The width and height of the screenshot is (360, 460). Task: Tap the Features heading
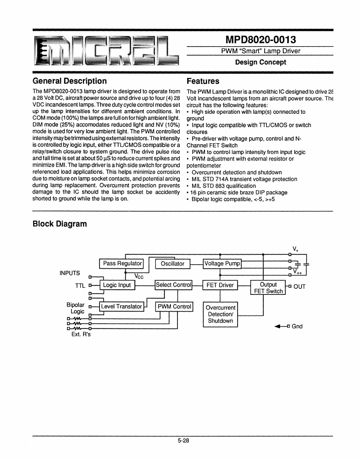click(x=203, y=81)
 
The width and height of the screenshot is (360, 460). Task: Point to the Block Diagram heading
click(x=60, y=223)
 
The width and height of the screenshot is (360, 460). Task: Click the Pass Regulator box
click(x=122, y=264)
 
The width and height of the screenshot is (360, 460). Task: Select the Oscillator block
click(x=172, y=264)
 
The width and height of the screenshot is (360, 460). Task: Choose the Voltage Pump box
click(x=222, y=264)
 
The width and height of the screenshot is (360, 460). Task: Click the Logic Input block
click(x=117, y=285)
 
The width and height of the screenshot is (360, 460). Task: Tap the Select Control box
click(x=173, y=285)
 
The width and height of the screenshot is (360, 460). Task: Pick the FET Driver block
click(x=220, y=285)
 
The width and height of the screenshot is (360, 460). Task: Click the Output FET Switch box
click(x=268, y=288)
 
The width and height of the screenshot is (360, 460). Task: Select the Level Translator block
click(x=121, y=307)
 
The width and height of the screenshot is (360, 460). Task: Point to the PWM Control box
click(x=174, y=307)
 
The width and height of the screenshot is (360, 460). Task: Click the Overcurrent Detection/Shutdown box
click(x=220, y=314)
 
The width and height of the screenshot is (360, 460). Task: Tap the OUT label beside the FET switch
click(x=299, y=286)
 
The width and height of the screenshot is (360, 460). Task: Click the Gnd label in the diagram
click(x=297, y=326)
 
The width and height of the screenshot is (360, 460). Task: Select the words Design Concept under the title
click(x=261, y=62)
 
